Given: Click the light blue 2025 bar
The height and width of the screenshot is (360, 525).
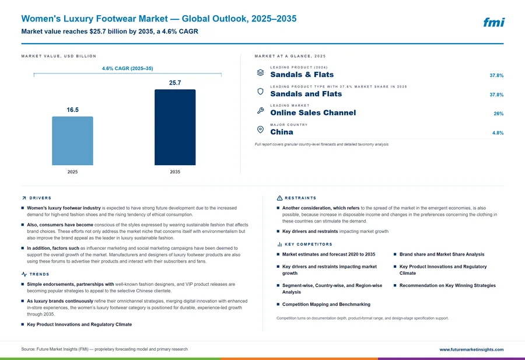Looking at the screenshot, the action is click(x=72, y=141).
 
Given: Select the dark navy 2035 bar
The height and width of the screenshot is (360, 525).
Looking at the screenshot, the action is click(x=175, y=127).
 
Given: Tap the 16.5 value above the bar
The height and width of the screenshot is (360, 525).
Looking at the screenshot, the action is click(x=73, y=110).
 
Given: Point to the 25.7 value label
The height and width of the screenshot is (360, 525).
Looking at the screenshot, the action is click(x=175, y=83).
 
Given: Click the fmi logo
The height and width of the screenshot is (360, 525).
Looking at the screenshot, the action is click(x=494, y=22).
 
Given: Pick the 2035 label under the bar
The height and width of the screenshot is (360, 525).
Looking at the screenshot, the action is click(x=175, y=172).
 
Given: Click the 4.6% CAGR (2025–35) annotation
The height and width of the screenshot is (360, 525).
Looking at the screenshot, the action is click(x=128, y=68).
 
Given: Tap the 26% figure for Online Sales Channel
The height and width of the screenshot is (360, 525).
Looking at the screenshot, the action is click(x=498, y=114).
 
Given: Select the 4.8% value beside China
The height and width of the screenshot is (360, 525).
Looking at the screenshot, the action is click(x=498, y=133).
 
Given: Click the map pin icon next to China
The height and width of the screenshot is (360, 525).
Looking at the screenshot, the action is click(x=260, y=130).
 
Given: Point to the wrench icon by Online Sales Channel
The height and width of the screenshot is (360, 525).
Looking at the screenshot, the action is click(x=260, y=110).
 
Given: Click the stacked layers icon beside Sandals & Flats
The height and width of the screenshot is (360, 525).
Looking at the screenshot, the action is click(x=260, y=72).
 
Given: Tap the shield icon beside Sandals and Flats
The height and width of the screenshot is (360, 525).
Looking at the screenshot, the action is click(x=260, y=92).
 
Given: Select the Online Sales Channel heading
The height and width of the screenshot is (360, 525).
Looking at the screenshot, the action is click(x=313, y=113).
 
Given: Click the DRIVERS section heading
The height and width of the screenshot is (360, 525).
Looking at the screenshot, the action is click(x=40, y=198).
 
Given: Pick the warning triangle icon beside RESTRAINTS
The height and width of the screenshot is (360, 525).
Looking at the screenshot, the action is click(x=279, y=198).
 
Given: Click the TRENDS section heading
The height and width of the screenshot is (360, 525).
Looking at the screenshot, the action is click(x=39, y=274).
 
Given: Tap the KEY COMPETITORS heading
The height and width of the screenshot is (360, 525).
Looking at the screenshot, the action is click(x=309, y=244).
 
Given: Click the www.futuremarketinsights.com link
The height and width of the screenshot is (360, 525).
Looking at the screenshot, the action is click(x=471, y=349).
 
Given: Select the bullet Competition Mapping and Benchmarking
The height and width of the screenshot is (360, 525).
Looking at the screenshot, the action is click(x=326, y=305).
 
